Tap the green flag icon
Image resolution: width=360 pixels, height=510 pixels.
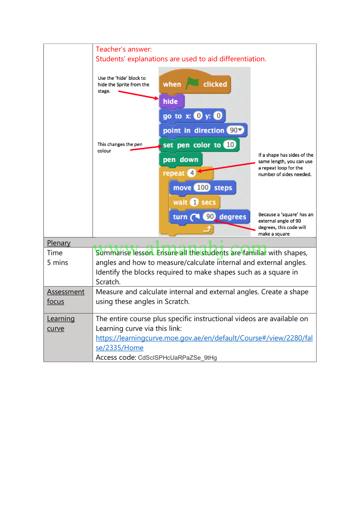coord(192,84)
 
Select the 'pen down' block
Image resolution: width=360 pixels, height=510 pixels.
coord(181,160)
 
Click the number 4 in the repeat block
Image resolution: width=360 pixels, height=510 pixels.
coord(192,173)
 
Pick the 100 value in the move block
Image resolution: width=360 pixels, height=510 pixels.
coord(203,187)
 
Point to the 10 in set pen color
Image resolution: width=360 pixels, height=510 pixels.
coord(230,144)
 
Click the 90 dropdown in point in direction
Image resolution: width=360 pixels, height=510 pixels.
coord(235,130)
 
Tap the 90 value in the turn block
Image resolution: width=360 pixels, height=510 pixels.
coord(210,216)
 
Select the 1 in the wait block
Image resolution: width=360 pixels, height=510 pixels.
coord(194,202)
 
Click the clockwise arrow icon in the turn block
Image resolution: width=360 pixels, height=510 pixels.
coord(194,217)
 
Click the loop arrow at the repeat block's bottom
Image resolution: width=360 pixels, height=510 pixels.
coord(208,229)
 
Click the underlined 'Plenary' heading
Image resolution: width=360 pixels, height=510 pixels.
coord(59,243)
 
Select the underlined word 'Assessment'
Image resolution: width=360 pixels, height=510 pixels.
coord(66,292)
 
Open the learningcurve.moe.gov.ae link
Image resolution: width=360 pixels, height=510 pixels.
coord(204,343)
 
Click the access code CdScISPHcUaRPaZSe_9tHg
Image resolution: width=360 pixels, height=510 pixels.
coord(177,358)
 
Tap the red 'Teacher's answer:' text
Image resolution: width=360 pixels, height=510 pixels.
coord(124,49)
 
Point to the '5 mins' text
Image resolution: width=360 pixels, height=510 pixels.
coord(58,263)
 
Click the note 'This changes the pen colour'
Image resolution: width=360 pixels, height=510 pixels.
coord(120,147)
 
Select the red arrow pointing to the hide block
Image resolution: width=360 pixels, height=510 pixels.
coord(138,94)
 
